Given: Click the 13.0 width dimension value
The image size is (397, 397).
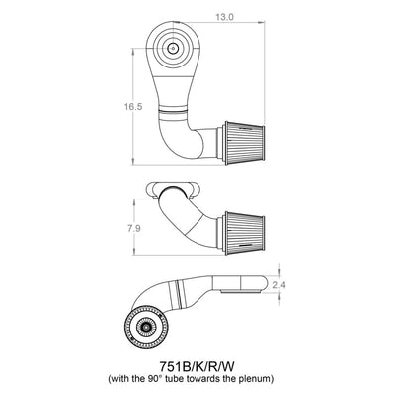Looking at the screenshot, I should coord(224,17).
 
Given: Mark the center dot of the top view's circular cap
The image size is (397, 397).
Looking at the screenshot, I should coord(173,46).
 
